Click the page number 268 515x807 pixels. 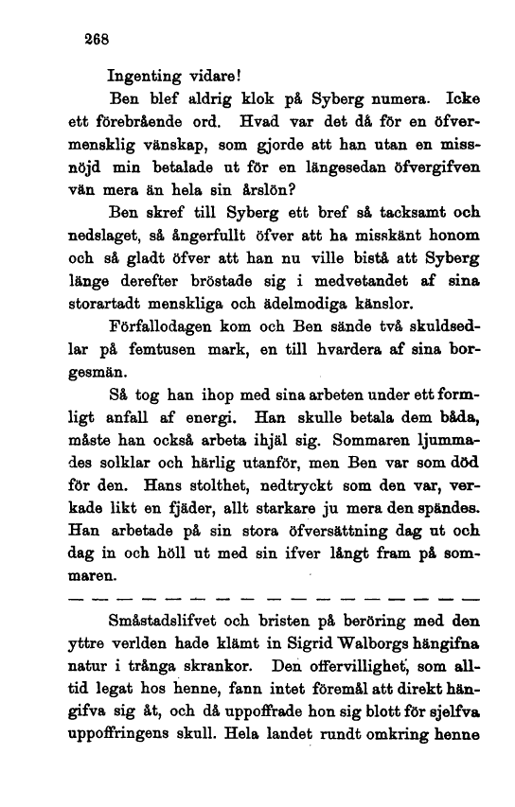[98, 42]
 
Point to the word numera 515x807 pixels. [394, 97]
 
